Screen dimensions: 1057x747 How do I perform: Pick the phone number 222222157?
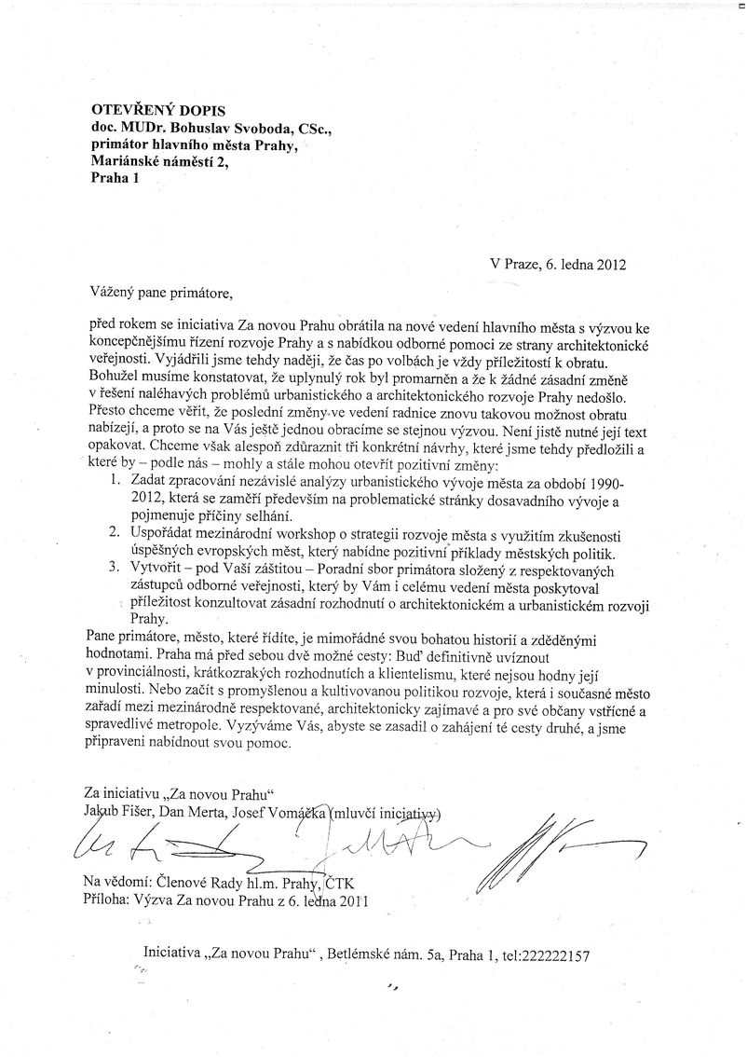coord(546,954)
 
